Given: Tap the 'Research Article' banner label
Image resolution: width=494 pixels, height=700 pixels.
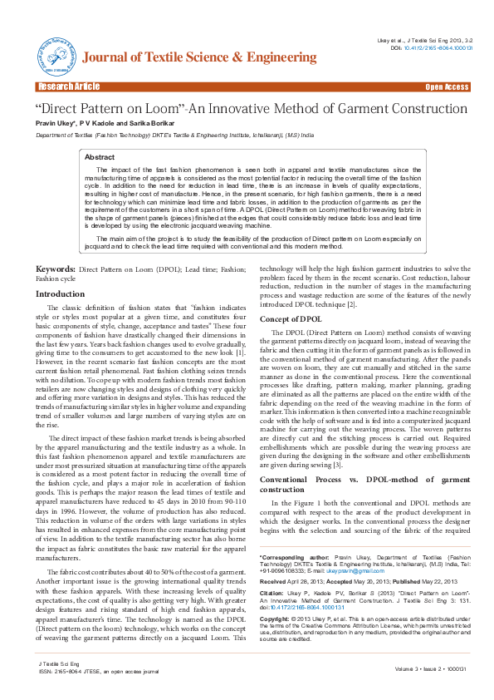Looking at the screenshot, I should point(68,86).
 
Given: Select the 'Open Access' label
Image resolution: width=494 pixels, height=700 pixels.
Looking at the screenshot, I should point(447,86).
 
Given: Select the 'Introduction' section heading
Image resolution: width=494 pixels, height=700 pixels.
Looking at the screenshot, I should point(60,294).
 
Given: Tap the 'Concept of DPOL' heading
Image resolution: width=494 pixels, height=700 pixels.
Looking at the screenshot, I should point(291,319).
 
